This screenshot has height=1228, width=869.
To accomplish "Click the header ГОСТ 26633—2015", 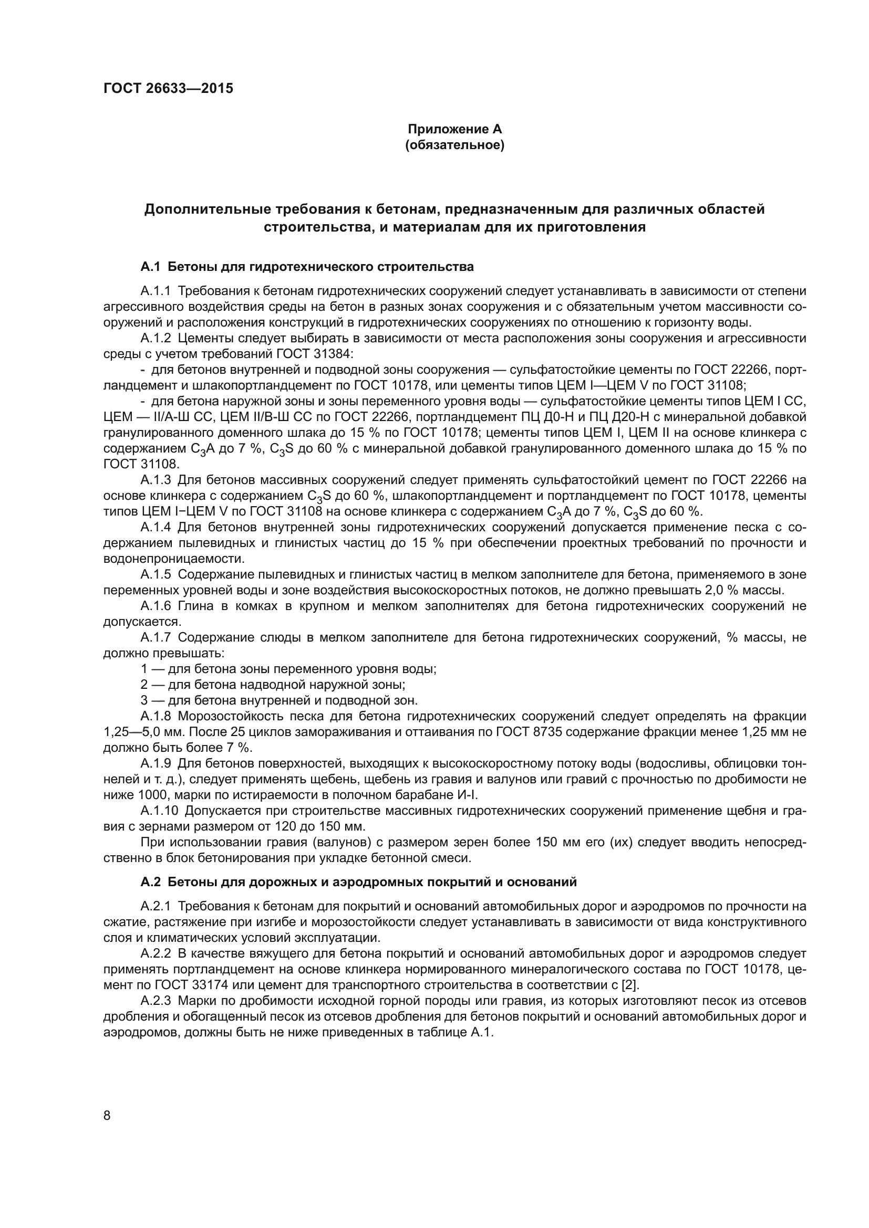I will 168,88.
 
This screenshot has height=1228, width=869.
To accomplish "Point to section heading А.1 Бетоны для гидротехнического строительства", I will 307,266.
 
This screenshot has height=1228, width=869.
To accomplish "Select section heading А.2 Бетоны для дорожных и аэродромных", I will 358,881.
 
